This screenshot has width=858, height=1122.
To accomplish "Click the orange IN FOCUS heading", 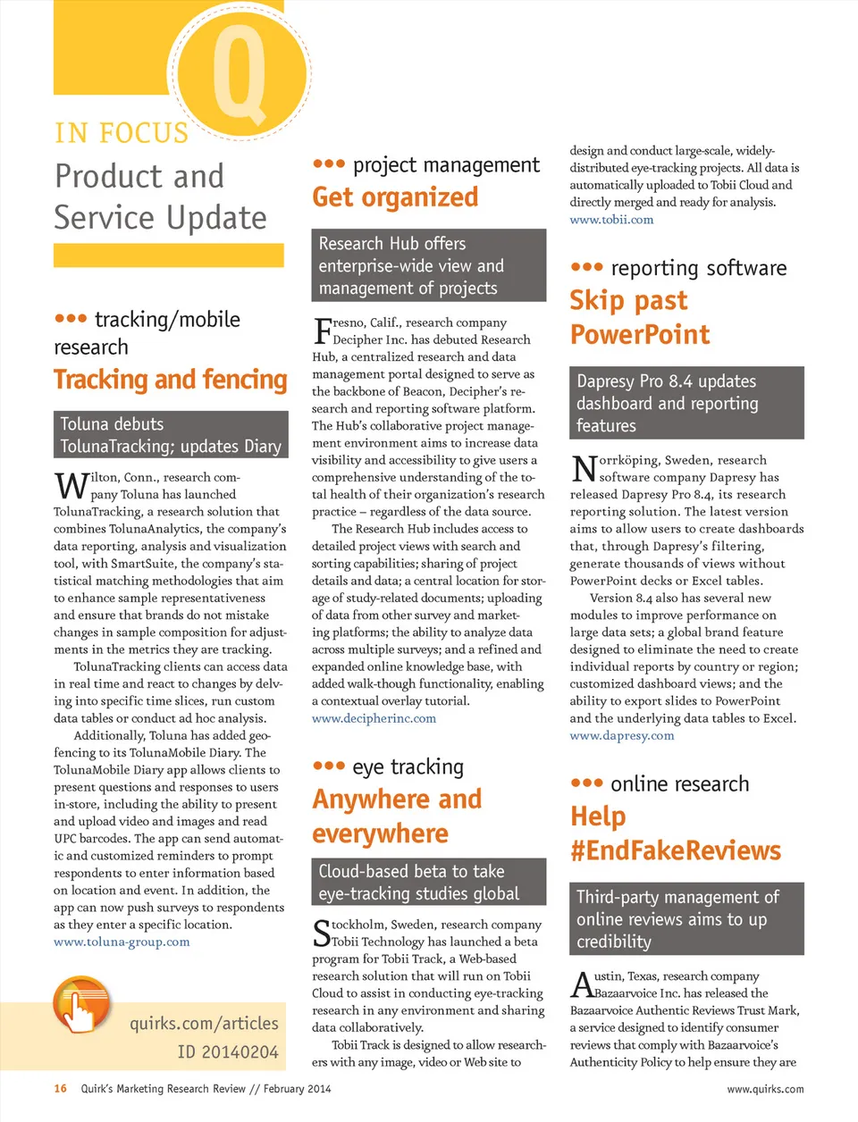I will click(x=122, y=133).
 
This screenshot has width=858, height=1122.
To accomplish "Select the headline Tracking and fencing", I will click(x=170, y=380).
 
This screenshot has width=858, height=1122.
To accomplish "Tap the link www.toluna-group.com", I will click(x=122, y=942).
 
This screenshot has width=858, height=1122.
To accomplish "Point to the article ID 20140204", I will click(x=228, y=1052).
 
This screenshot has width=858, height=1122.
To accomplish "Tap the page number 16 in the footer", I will click(x=60, y=1089).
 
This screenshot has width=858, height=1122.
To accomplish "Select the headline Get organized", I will click(x=395, y=197).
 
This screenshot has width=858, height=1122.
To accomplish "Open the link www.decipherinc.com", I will click(x=374, y=718).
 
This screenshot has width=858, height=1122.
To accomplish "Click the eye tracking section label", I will click(x=408, y=766).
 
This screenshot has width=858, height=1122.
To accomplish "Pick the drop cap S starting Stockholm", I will click(x=322, y=934).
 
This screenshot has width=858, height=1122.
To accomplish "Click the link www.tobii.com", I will click(x=611, y=220).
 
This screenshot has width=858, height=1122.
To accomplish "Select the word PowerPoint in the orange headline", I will click(x=640, y=335).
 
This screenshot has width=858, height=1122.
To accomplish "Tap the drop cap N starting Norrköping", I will click(x=584, y=469).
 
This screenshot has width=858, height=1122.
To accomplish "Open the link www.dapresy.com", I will click(x=622, y=736).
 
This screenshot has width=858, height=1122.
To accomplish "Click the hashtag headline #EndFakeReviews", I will click(x=676, y=850).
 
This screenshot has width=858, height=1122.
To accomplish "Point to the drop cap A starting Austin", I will click(x=582, y=985).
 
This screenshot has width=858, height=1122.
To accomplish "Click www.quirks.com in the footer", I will click(x=765, y=1089).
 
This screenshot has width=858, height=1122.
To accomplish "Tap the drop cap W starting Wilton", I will click(x=71, y=486).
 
